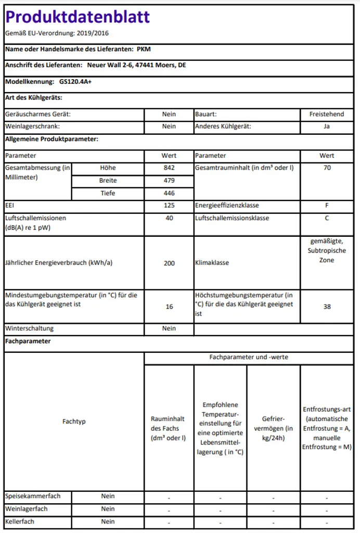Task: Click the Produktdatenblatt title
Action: click(78, 17)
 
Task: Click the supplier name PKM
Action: click(144, 49)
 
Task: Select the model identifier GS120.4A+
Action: click(75, 82)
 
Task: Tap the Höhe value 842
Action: click(169, 168)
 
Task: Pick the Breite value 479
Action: click(169, 181)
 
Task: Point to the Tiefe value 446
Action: click(169, 193)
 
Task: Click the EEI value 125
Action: click(169, 206)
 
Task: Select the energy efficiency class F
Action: click(327, 206)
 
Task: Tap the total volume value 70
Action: click(327, 168)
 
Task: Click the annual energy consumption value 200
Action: click(169, 263)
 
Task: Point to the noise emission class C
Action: click(327, 218)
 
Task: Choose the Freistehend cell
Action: click(327, 114)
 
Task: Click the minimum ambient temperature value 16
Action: click(169, 307)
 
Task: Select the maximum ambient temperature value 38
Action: click(327, 307)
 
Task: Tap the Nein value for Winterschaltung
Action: click(169, 328)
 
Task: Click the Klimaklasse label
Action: click(212, 263)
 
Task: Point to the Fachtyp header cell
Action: click(74, 421)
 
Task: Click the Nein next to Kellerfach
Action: click(108, 521)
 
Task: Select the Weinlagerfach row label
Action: click(27, 509)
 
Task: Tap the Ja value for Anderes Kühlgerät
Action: click(327, 126)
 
